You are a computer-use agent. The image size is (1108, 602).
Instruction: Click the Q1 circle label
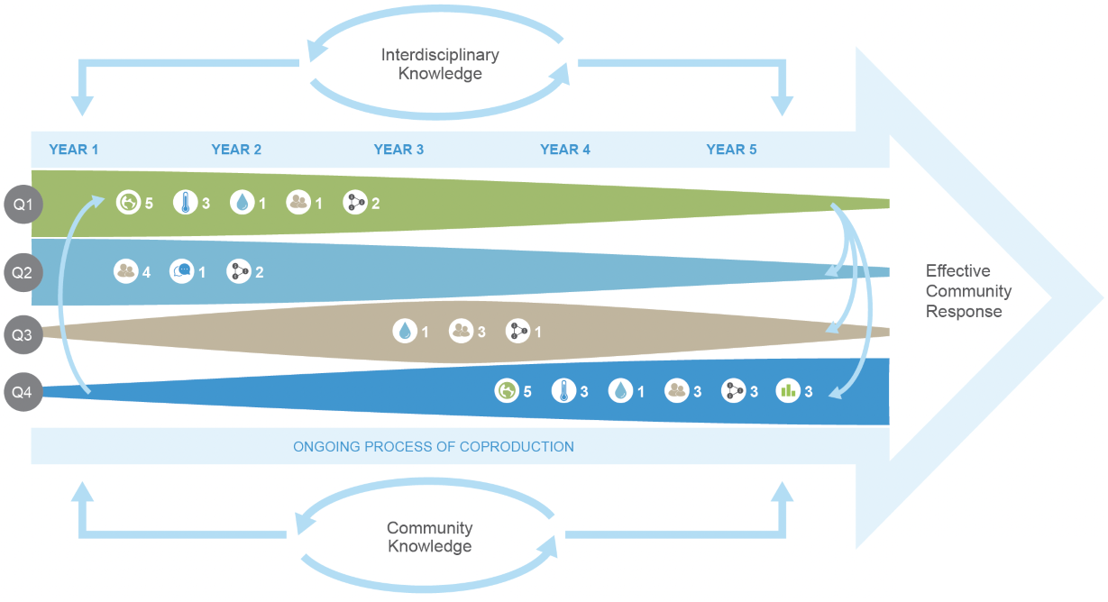click(x=23, y=205)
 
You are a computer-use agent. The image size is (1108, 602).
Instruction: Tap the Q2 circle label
click(x=23, y=272)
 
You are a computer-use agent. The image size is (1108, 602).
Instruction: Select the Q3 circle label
click(x=23, y=334)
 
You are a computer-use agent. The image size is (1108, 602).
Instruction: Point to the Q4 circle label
click(x=23, y=392)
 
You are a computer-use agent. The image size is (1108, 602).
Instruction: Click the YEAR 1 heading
click(x=74, y=150)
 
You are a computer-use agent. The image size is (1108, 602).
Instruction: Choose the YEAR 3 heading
click(x=398, y=150)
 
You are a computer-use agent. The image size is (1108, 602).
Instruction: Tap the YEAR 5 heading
click(x=731, y=150)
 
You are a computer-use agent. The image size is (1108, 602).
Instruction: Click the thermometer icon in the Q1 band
click(x=186, y=202)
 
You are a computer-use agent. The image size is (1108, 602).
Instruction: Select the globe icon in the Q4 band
click(x=507, y=391)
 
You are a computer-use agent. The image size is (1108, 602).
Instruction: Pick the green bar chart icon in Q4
click(x=788, y=391)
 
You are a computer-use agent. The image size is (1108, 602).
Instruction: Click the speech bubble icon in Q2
click(x=182, y=271)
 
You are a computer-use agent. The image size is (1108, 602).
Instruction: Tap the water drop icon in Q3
click(x=405, y=331)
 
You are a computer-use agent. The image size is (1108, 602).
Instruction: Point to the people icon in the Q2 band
click(x=126, y=271)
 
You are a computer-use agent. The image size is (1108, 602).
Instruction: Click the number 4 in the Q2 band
click(x=146, y=272)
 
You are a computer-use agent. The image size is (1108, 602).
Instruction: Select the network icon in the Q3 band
click(x=517, y=331)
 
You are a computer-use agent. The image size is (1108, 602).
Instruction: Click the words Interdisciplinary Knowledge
click(x=440, y=64)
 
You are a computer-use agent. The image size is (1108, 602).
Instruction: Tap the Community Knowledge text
click(x=429, y=537)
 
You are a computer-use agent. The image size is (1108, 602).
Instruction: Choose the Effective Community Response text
click(x=968, y=291)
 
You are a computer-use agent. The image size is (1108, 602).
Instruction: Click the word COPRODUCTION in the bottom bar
click(x=517, y=447)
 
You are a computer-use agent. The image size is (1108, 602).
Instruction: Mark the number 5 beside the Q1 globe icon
click(x=149, y=203)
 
